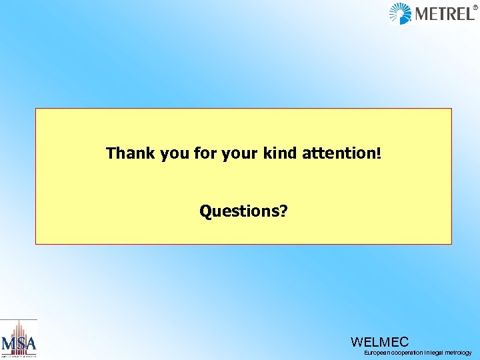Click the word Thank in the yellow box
pyautogui.click(x=129, y=153)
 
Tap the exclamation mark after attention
pyautogui.click(x=379, y=153)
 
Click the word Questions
pyautogui.click(x=239, y=211)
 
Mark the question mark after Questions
pyautogui.click(x=284, y=211)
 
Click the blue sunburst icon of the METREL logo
pyautogui.click(x=401, y=13)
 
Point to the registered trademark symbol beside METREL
pyautogui.click(x=475, y=8)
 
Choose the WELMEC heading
pyautogui.click(x=379, y=342)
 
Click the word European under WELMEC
pyautogui.click(x=377, y=353)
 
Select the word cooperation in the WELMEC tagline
pyautogui.click(x=405, y=353)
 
